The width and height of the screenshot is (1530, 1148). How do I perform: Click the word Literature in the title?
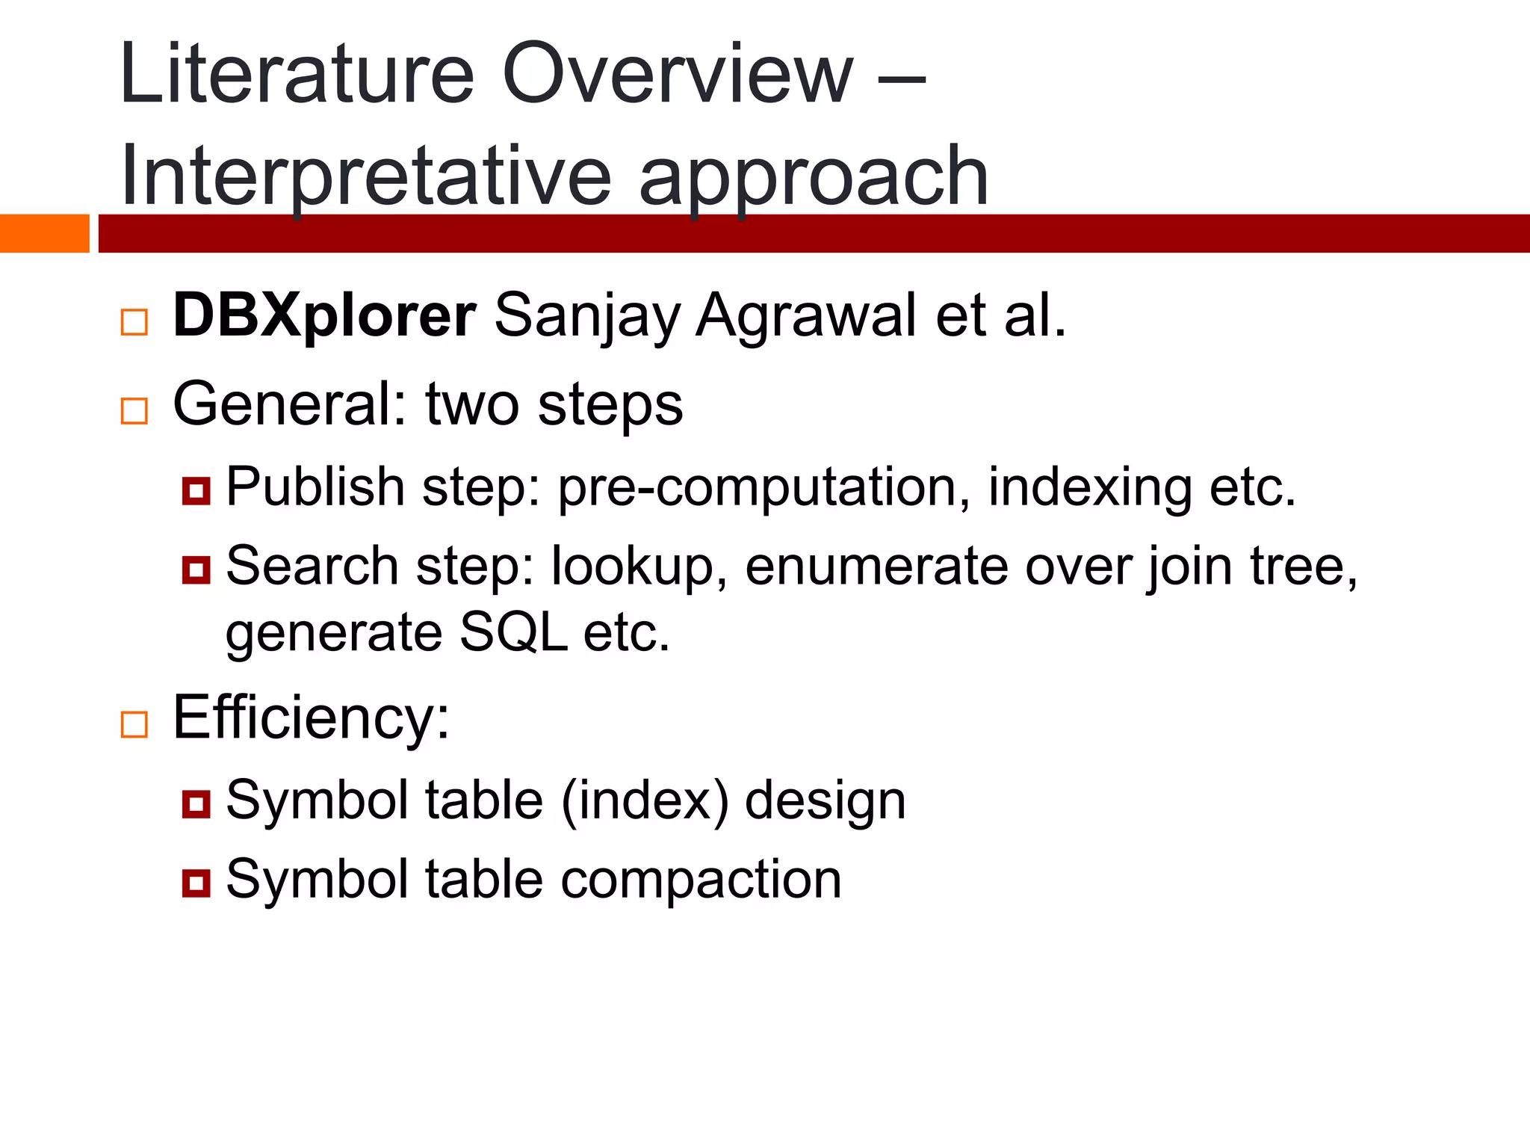pyautogui.click(x=297, y=75)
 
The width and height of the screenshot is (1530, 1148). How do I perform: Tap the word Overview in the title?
pyautogui.click(x=677, y=75)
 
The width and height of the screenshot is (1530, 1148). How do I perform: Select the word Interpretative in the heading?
pyautogui.click(x=365, y=178)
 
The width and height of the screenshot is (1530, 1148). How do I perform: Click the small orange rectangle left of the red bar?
pyautogui.click(x=44, y=233)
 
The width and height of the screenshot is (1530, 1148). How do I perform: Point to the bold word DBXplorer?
pyautogui.click(x=323, y=315)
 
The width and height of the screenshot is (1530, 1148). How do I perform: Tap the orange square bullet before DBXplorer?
pyautogui.click(x=134, y=322)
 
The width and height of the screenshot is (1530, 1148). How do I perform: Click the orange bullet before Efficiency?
pyautogui.click(x=134, y=724)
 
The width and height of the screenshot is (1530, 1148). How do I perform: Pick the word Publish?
pyautogui.click(x=315, y=487)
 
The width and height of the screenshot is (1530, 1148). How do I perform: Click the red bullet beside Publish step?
pyautogui.click(x=196, y=491)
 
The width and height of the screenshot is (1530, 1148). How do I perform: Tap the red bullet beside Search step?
pyautogui.click(x=196, y=570)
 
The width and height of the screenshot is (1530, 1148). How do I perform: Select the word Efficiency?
pyautogui.click(x=311, y=717)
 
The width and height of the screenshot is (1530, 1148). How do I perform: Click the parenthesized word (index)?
pyautogui.click(x=644, y=801)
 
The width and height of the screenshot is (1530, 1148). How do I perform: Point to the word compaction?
pyautogui.click(x=701, y=880)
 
